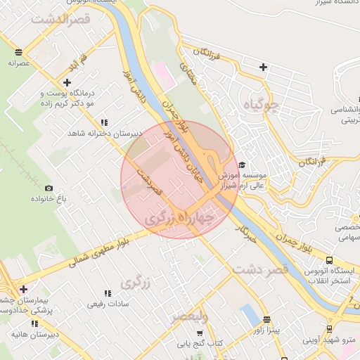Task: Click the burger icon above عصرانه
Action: [18, 52]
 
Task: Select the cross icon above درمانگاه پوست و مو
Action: [67, 83]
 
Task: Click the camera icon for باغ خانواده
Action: [49, 188]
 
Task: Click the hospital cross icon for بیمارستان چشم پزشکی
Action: [24, 289]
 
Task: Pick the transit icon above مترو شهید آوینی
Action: [329, 328]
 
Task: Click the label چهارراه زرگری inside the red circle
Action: [179, 219]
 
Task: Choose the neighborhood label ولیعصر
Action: [190, 316]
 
